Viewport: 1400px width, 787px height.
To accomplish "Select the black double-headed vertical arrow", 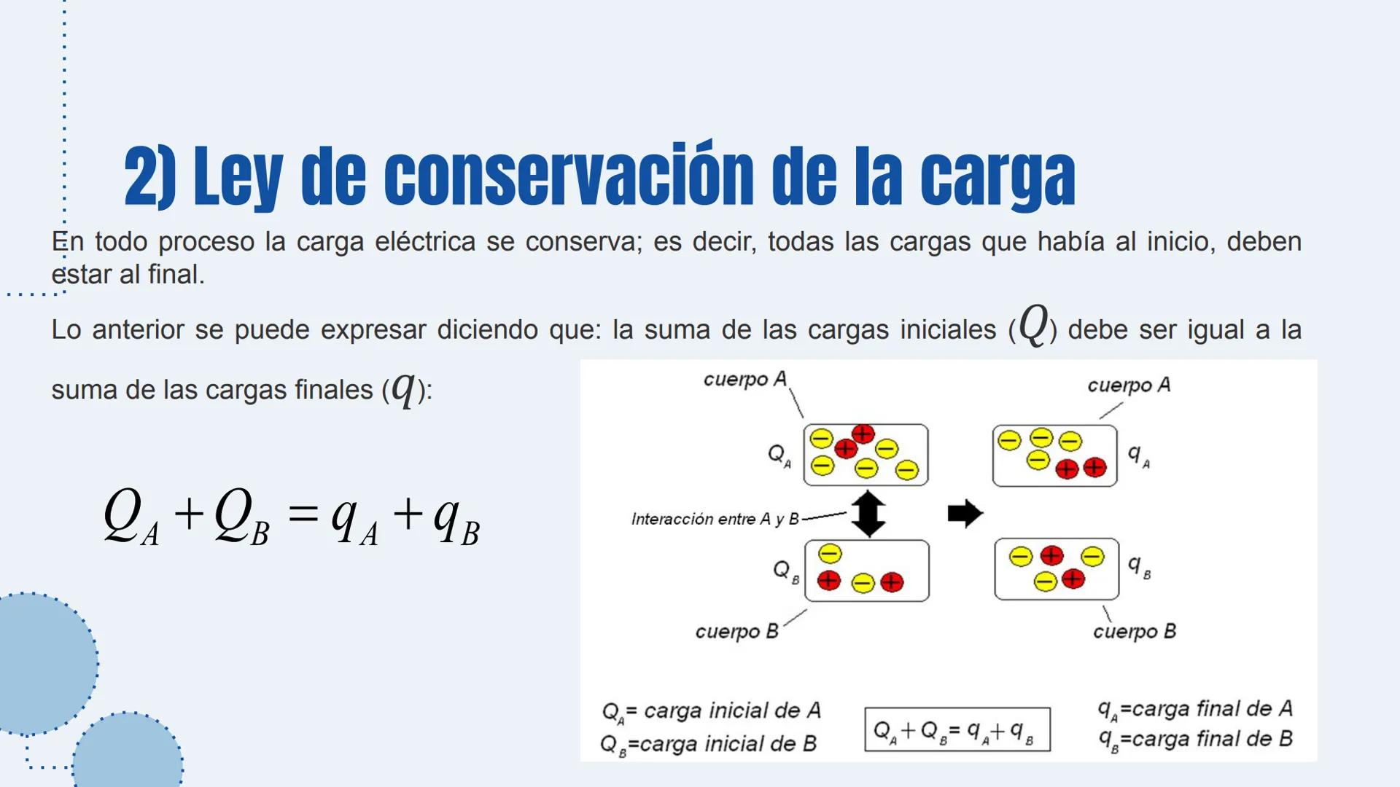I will [x=868, y=514].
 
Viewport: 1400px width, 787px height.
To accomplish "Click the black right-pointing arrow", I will [x=965, y=514].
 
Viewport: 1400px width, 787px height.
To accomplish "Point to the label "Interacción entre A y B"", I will [x=715, y=519].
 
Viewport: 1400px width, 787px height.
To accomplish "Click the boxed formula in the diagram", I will [x=957, y=729].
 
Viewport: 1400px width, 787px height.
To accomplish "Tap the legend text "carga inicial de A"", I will [x=732, y=710].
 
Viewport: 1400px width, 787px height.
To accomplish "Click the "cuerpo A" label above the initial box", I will [x=744, y=379].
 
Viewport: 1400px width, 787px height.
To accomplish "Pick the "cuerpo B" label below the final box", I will [x=1134, y=631].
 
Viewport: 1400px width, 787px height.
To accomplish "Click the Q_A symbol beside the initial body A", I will [x=779, y=455].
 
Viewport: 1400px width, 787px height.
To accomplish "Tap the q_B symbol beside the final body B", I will [x=1138, y=566].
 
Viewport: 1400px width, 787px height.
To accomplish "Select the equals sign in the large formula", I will [x=303, y=514].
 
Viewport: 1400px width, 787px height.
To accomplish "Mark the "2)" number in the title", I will [x=149, y=176].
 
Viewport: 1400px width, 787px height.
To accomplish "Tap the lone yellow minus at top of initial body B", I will [x=830, y=554].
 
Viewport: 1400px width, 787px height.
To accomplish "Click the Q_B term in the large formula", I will [x=241, y=517].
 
